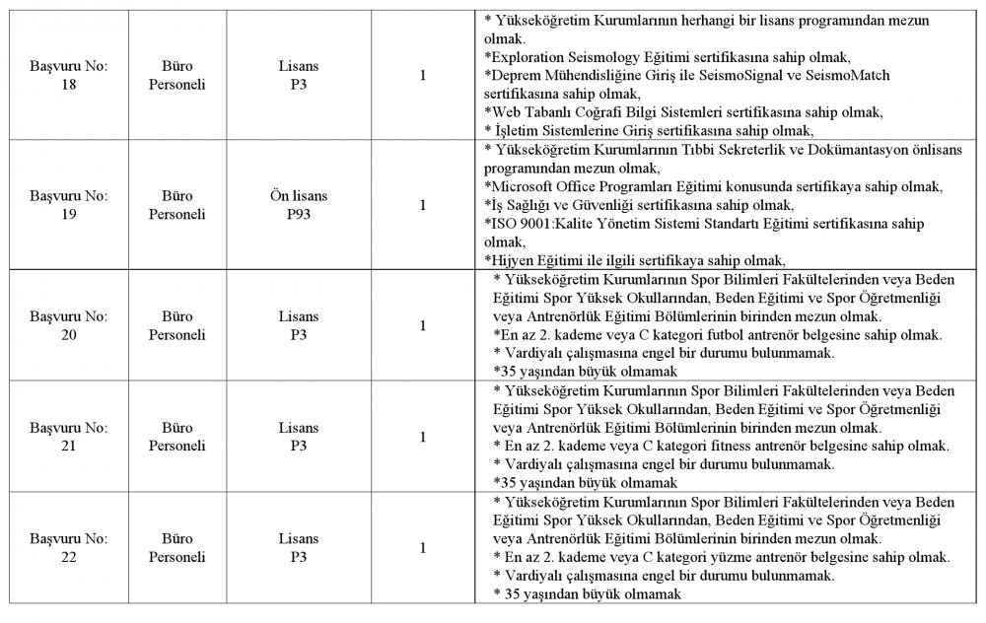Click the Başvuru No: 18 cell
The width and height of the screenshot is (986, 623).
pos(68,75)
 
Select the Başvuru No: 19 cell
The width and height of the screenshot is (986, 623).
pos(68,205)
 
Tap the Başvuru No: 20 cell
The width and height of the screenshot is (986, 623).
pos(68,325)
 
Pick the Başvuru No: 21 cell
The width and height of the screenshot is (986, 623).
pos(68,437)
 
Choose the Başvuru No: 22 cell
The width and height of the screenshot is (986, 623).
pos(68,548)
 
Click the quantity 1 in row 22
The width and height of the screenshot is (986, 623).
pos(423,548)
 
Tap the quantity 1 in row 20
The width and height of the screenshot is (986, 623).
pos(423,325)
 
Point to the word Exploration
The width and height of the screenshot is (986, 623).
pos(528,57)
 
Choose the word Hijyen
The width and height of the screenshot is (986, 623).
pos(511,260)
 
